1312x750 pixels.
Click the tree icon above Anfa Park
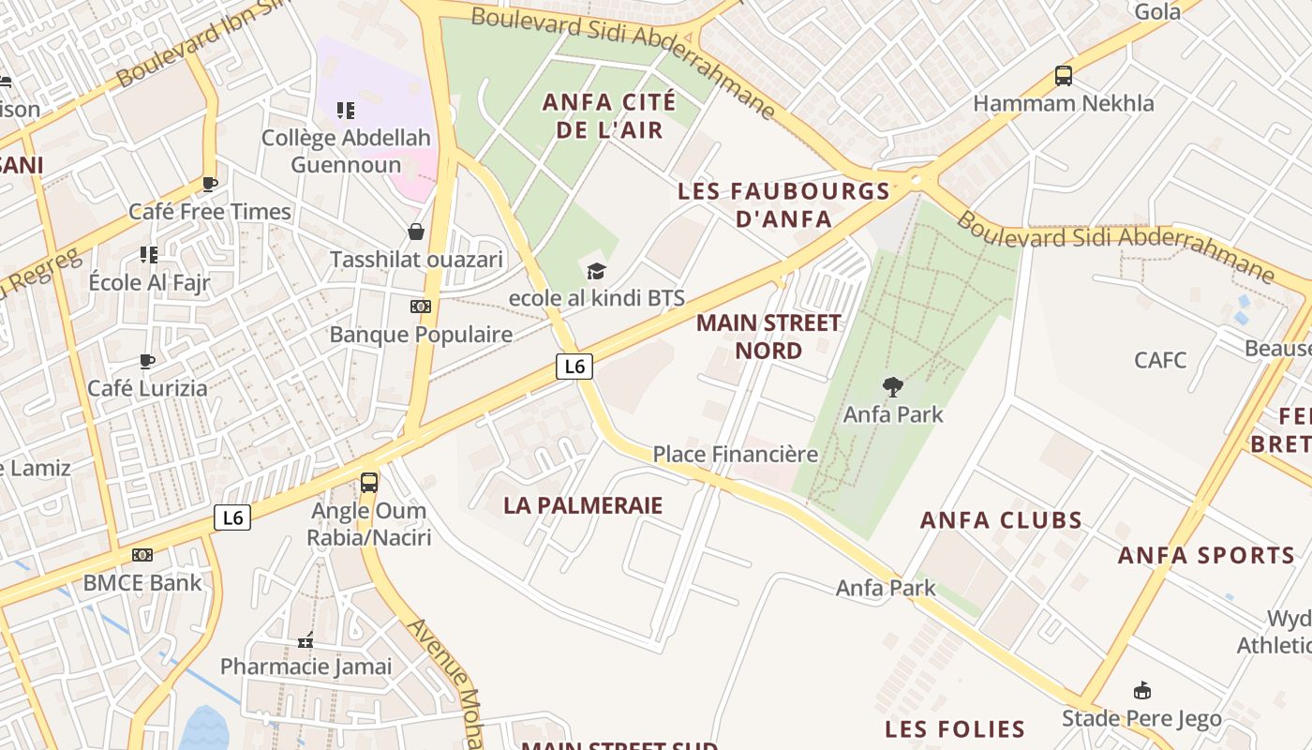pos(893,386)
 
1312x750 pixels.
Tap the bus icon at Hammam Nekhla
pos(1063,76)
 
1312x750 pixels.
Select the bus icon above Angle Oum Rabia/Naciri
pos(369,483)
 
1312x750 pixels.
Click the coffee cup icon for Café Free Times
pos(210,184)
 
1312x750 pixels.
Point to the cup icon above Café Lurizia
pos(147,361)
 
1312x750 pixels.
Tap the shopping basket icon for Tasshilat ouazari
pos(416,232)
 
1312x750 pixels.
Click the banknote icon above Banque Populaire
pos(421,307)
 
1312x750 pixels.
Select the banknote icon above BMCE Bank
pos(142,555)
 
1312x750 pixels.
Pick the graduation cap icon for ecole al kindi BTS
pos(596,272)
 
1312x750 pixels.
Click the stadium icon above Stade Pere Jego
pos(1141,692)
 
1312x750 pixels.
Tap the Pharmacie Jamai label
pos(306,667)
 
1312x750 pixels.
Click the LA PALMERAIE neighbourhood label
pos(583,505)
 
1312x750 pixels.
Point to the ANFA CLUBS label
pos(1001,520)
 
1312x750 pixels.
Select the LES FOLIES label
pos(955,728)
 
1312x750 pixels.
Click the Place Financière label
pos(736,455)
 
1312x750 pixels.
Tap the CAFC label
pos(1159,360)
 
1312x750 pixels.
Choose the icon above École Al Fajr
pos(148,254)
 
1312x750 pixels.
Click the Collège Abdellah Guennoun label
pos(346,151)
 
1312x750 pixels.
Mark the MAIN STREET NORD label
pos(768,337)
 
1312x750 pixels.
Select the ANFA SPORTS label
pos(1206,555)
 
